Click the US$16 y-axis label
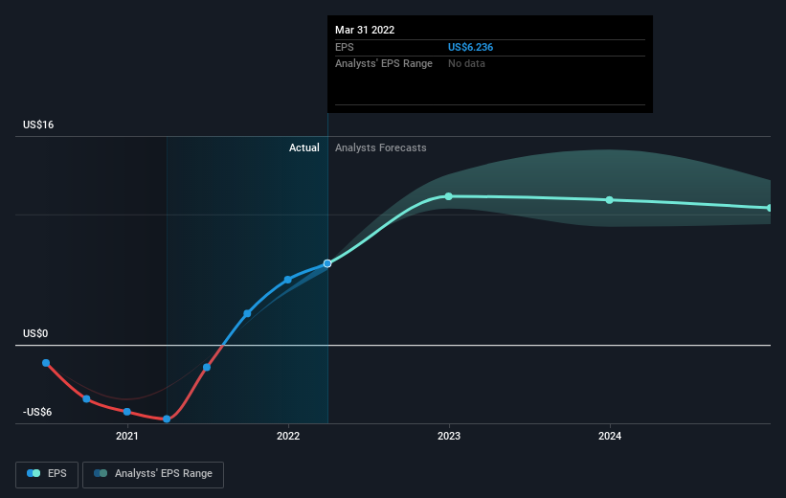pos(38,124)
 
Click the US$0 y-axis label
pos(35,333)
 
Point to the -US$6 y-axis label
pos(37,412)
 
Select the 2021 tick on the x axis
pos(126,437)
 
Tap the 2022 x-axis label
pos(288,437)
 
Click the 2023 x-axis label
pos(449,437)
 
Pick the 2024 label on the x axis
pos(610,437)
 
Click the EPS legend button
pos(47,474)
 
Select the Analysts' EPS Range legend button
pos(153,474)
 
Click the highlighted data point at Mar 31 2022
pos(327,263)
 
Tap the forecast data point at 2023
pos(449,196)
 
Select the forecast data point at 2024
pos(610,200)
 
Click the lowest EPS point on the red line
pos(167,419)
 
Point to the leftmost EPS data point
pos(46,363)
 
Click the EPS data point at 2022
pos(288,280)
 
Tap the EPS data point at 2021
pos(126,412)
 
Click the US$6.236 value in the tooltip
pos(470,47)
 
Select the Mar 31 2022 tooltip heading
pos(365,30)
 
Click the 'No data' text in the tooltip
pos(466,64)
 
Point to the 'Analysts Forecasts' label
pos(380,147)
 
